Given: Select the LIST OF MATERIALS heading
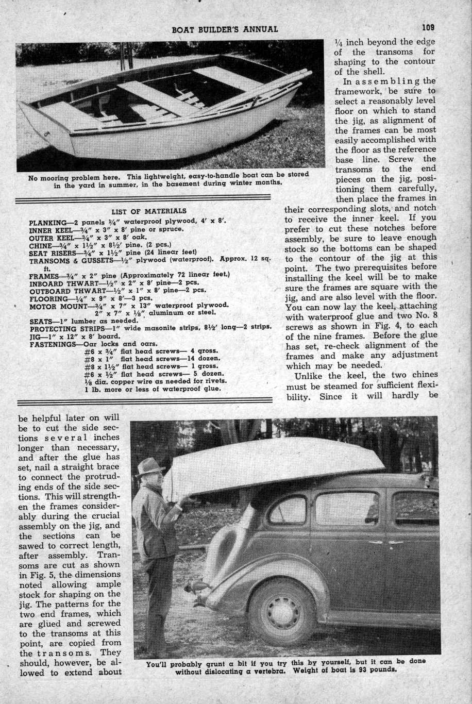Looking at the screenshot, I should click(149, 211).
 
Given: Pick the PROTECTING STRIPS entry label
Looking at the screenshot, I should click(66, 328).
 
